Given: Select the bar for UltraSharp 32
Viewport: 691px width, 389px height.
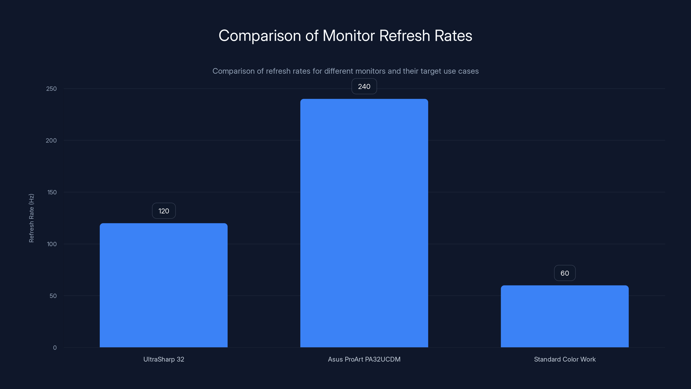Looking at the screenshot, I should pyautogui.click(x=164, y=285).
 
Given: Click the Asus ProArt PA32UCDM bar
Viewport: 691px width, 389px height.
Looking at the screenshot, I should pyautogui.click(x=364, y=223).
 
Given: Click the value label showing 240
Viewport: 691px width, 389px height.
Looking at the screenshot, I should pyautogui.click(x=364, y=86).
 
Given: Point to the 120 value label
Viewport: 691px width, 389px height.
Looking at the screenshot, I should pyautogui.click(x=164, y=211).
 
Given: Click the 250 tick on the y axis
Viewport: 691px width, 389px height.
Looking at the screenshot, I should pyautogui.click(x=52, y=89).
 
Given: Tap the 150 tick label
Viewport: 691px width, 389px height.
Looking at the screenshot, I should pyautogui.click(x=52, y=192).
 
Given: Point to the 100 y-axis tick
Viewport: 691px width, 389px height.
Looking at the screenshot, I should pyautogui.click(x=52, y=244).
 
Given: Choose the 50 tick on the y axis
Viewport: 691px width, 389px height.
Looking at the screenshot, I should pyautogui.click(x=53, y=296).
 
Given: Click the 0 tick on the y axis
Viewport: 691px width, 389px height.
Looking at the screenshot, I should pyautogui.click(x=55, y=348).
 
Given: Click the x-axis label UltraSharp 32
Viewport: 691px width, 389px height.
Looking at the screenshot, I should pyautogui.click(x=164, y=359).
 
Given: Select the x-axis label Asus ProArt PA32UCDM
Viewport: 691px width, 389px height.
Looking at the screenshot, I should pyautogui.click(x=364, y=359).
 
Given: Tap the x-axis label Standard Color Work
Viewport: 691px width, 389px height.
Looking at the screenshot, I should pyautogui.click(x=565, y=359).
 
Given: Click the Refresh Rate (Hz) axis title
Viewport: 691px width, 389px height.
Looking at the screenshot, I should pyautogui.click(x=31, y=218).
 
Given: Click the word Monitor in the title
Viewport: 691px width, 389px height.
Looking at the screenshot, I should pyautogui.click(x=349, y=36).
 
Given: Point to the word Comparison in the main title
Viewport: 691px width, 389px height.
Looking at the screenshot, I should pyautogui.click(x=260, y=36).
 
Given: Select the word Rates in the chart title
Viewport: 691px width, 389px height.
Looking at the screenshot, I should pyautogui.click(x=453, y=36).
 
